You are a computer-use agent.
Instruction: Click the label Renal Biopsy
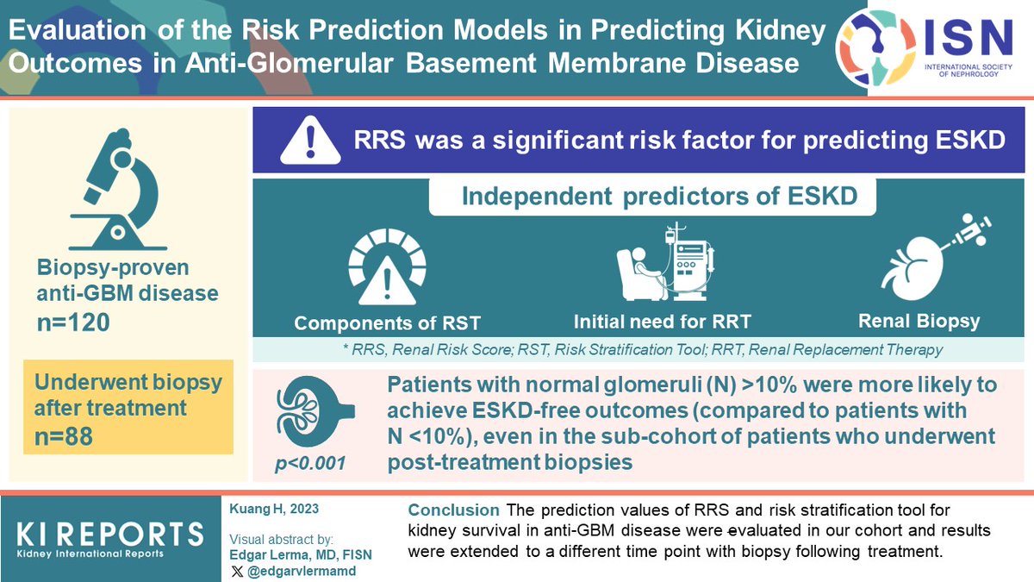click(x=919, y=322)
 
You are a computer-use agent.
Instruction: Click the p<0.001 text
click(x=310, y=464)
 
